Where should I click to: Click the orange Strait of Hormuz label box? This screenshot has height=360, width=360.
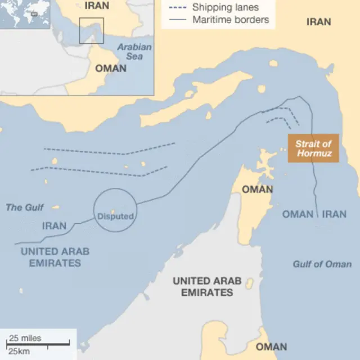(313, 148)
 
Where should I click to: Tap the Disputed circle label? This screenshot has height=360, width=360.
(115, 216)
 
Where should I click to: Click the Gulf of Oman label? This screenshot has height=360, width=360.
(322, 264)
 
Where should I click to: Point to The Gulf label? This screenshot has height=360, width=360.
(25, 208)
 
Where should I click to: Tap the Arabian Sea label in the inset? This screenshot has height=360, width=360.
(134, 52)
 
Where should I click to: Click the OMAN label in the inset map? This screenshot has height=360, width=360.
(111, 68)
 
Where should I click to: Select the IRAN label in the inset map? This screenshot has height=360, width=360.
(97, 6)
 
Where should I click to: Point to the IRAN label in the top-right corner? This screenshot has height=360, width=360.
(318, 22)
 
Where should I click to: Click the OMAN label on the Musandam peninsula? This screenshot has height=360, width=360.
(257, 190)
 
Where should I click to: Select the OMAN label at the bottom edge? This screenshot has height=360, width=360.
(271, 346)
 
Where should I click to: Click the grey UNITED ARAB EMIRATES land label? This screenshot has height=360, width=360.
(206, 286)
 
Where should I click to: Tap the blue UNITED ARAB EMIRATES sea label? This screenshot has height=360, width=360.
(55, 257)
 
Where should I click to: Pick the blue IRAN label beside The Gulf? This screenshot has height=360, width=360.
(54, 226)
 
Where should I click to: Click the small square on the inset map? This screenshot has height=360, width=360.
(91, 30)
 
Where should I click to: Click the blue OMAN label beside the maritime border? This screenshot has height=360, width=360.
(298, 214)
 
